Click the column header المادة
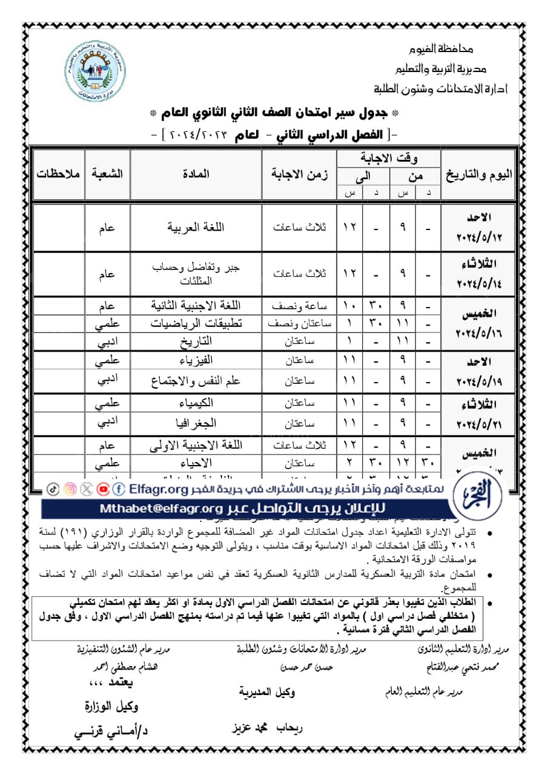point(196,174)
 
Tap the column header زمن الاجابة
point(299,174)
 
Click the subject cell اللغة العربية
point(196,228)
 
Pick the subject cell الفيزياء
point(196,361)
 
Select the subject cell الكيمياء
point(196,403)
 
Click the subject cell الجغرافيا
point(196,421)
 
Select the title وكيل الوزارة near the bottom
point(111,706)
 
